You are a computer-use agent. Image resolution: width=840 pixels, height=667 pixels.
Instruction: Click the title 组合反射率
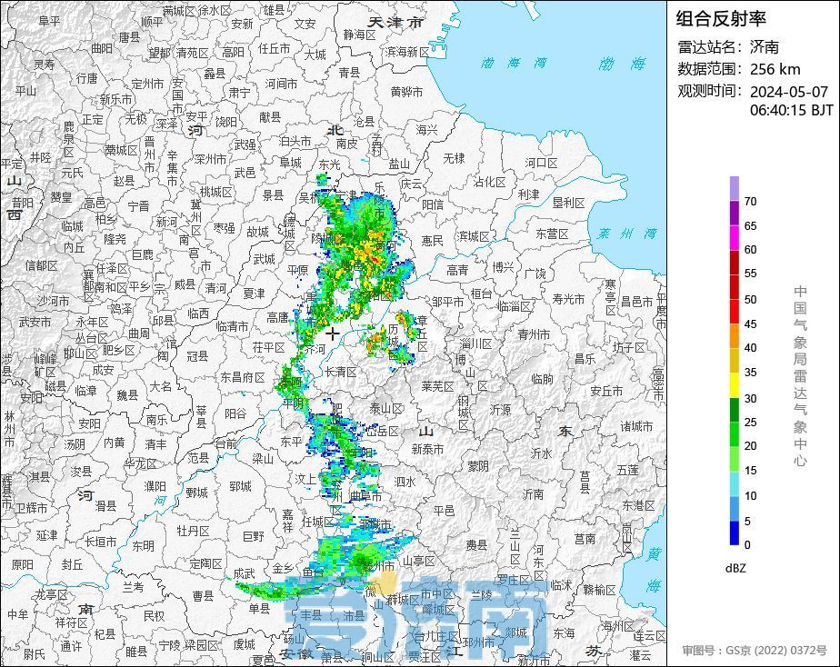click(721, 17)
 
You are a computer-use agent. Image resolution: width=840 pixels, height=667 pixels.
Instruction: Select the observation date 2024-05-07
click(788, 92)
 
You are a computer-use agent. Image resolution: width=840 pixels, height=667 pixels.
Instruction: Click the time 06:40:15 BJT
click(791, 110)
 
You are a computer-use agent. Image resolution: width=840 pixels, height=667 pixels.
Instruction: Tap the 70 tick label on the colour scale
click(750, 202)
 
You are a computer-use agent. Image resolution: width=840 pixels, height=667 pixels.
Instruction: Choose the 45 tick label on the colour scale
click(750, 324)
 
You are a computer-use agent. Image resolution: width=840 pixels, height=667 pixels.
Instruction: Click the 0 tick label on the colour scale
click(747, 545)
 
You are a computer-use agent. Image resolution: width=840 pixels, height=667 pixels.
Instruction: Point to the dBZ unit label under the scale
click(735, 568)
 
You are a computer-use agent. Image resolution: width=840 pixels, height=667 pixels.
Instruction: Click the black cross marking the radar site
click(332, 334)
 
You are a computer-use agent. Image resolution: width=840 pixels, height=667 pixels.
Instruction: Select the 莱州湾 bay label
click(626, 234)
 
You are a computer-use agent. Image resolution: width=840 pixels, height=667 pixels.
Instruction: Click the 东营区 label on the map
click(552, 234)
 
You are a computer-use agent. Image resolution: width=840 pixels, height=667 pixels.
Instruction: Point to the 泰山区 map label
click(385, 408)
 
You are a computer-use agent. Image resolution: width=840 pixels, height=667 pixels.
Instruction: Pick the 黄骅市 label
click(406, 92)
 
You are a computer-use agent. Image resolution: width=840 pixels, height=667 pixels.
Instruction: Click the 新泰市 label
click(426, 449)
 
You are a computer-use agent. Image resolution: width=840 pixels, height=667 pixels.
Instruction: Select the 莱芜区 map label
click(437, 385)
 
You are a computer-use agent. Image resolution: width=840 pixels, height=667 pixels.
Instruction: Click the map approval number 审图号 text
click(755, 651)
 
